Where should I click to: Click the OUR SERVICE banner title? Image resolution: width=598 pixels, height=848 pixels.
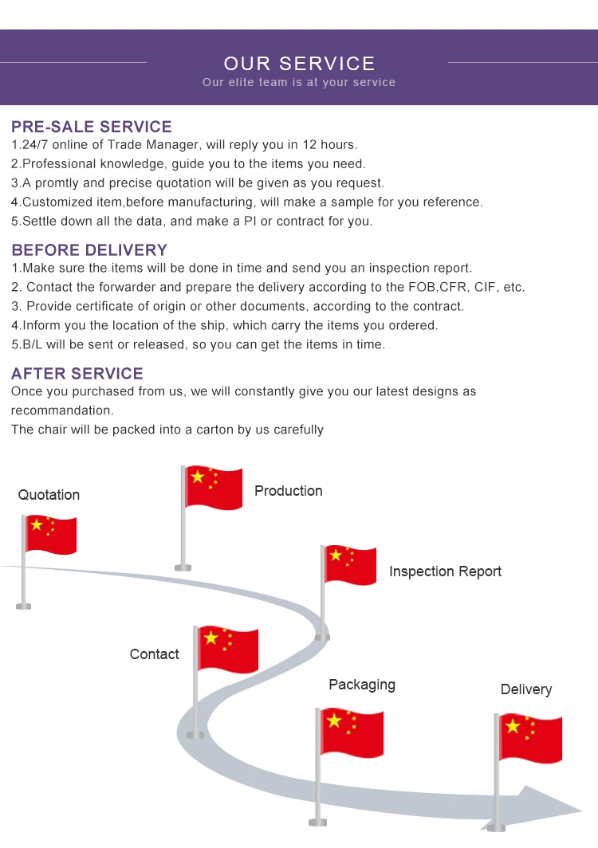(299, 64)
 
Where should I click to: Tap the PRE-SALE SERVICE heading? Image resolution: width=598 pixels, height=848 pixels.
(92, 127)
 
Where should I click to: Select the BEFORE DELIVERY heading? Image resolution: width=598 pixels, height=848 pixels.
(89, 250)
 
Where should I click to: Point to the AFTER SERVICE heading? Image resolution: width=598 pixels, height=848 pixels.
(77, 374)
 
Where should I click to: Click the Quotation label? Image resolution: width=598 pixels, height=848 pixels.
(49, 495)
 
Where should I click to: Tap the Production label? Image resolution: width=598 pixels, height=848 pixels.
(289, 491)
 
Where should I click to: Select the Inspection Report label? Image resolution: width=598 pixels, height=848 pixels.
(445, 571)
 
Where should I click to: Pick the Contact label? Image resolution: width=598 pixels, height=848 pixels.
(154, 654)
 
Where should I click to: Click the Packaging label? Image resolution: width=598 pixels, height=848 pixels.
(362, 685)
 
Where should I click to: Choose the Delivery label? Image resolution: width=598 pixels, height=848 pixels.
(526, 689)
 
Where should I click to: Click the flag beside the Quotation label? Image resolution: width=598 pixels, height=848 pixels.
(50, 535)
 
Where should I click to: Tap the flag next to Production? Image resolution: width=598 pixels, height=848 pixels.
(214, 488)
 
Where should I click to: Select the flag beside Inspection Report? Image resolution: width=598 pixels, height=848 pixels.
(350, 565)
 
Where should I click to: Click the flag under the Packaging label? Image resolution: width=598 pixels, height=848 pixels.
(352, 732)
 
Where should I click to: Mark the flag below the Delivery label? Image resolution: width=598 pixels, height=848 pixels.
(530, 738)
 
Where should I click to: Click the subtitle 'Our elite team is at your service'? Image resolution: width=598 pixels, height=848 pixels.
(299, 83)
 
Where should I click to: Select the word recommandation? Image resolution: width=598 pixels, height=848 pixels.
(62, 410)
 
